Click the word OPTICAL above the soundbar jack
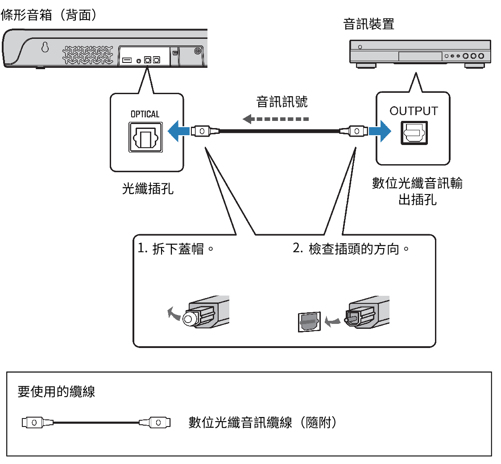click(145, 114)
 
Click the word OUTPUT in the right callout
click(414, 111)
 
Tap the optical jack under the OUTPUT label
click(414, 133)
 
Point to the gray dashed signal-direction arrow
click(275, 119)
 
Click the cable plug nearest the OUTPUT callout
click(353, 131)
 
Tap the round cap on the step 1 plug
click(188, 319)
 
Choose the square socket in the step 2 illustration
click(309, 322)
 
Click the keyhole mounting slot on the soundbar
click(45, 47)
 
